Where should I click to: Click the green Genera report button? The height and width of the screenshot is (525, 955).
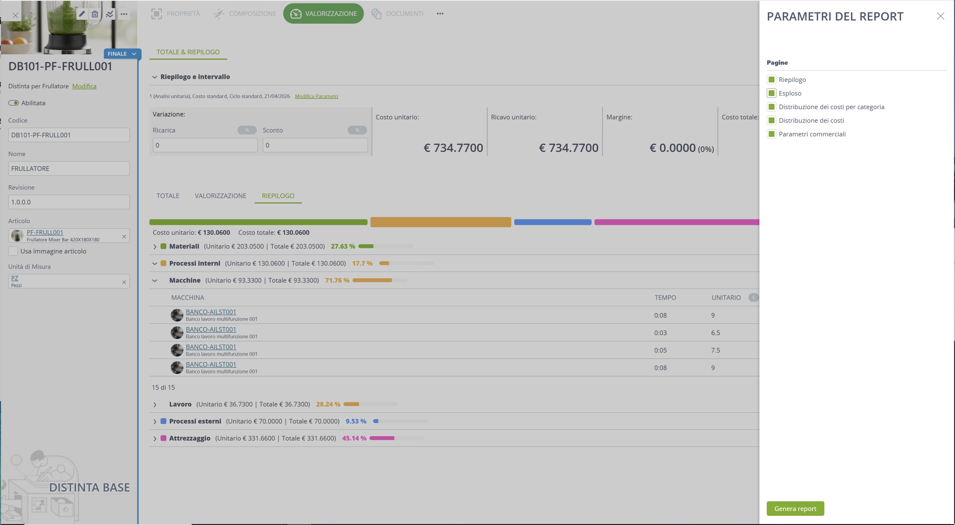click(795, 508)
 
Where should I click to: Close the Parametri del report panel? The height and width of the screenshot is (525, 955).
click(941, 16)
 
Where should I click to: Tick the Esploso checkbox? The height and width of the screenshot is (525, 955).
click(771, 93)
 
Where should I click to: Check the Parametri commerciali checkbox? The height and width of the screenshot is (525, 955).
click(771, 134)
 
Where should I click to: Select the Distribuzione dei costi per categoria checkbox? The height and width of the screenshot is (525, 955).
click(771, 107)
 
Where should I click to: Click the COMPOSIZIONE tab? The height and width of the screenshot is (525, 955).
click(245, 14)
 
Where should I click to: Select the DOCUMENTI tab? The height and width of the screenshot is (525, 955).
click(397, 14)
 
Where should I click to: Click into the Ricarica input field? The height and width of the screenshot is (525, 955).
click(205, 145)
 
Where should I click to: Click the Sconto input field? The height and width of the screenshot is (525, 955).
click(315, 145)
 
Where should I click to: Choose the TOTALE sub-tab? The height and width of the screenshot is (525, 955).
click(168, 195)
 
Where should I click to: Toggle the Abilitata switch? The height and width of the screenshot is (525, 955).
click(14, 103)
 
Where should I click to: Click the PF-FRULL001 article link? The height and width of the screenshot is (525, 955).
click(45, 232)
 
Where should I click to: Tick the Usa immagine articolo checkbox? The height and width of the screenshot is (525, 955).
click(13, 251)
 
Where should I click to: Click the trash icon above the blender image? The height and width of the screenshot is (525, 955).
click(95, 14)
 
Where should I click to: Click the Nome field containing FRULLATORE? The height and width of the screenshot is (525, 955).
click(69, 168)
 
